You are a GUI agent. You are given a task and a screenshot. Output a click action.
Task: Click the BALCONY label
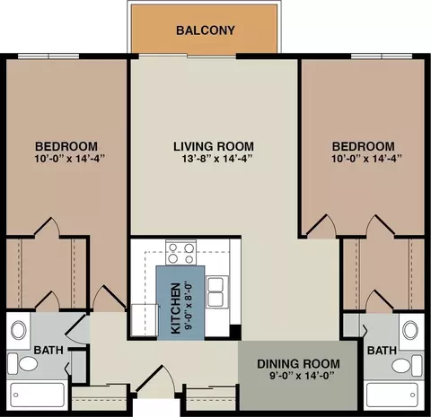pos(206,30)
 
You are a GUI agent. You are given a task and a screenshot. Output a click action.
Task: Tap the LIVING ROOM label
pos(214,146)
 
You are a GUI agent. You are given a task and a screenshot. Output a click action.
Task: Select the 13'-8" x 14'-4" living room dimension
pos(218,159)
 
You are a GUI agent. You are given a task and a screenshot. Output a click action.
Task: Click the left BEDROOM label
pos(66,146)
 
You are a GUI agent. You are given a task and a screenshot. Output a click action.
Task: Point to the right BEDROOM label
pos(364,146)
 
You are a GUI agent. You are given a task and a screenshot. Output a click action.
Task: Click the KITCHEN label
pos(176,308)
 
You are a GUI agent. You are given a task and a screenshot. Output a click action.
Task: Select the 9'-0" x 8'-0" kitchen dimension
pos(189,306)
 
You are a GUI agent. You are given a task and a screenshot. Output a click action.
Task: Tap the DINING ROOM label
pos(298,364)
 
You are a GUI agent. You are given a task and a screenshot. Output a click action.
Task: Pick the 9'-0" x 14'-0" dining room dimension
pos(302,376)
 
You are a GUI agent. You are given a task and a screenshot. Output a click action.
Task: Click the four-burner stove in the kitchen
pos(181,253)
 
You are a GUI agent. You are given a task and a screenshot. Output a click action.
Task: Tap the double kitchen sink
pos(215,291)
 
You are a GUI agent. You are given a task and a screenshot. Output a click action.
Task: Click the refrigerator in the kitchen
pos(145,320)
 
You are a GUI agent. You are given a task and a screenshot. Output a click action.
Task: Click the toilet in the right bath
pos(407,366)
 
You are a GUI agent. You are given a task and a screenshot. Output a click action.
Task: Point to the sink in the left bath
pos(19,330)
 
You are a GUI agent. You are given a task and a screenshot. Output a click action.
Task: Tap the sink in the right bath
pos(410,330)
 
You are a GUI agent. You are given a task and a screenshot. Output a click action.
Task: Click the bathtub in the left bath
pos(38,395)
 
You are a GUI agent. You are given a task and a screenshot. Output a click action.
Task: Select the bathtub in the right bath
pos(392,395)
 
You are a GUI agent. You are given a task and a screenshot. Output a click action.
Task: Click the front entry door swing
pos(157,381)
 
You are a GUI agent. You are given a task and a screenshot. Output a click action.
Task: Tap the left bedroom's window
pos(48,56)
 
